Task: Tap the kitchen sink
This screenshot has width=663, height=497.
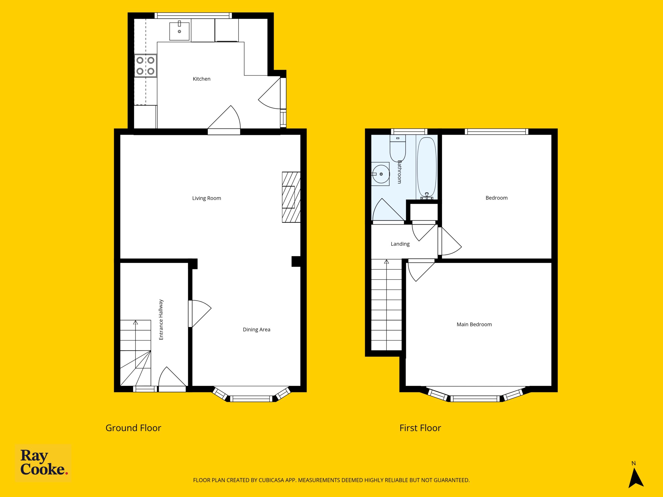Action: (x=179, y=31)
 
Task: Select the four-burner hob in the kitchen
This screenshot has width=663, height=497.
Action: (x=145, y=65)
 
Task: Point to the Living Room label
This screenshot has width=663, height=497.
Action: (x=206, y=198)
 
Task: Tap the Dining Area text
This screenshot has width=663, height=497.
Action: (x=257, y=330)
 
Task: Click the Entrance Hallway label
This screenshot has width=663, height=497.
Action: (x=161, y=320)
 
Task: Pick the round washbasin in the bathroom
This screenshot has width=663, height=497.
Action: (x=381, y=174)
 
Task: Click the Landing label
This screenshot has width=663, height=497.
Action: (x=400, y=244)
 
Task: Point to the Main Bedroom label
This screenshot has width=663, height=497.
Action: (x=474, y=324)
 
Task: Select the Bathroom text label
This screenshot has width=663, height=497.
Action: (x=399, y=172)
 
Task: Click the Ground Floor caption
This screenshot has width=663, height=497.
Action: (x=133, y=428)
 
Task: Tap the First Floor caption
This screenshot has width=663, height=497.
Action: (x=420, y=428)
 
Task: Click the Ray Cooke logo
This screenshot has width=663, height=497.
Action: (x=43, y=463)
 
